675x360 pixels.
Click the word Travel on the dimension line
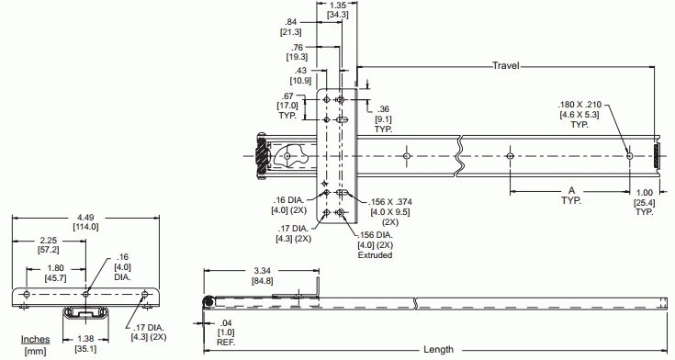(506, 66)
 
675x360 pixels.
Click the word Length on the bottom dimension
(438, 349)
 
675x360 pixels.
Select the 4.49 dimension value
(85, 218)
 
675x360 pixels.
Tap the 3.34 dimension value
(262, 271)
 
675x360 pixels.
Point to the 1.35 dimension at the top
(337, 6)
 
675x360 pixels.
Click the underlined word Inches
(35, 339)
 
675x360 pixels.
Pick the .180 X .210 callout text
(579, 105)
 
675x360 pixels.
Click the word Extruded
(375, 255)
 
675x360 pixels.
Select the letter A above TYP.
(571, 190)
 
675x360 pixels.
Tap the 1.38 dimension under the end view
(85, 339)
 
